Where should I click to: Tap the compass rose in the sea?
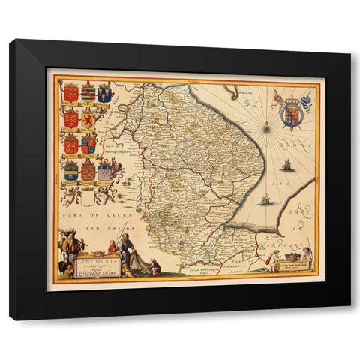coord(266,130)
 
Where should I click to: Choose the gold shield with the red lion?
coord(88,118)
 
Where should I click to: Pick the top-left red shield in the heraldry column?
coord(70,94)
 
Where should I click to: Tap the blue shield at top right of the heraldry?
coord(105,94)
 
